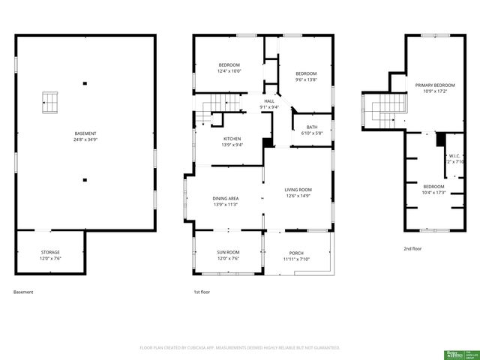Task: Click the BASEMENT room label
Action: coord(85,133)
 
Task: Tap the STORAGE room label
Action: coord(50,252)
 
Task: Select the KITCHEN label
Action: coord(232,139)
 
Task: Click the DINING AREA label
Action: coord(226,198)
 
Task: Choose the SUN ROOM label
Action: coord(229,252)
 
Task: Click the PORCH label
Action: coord(295,253)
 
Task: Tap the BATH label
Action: coord(311,127)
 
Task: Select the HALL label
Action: coord(268,101)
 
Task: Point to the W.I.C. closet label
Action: coord(455,156)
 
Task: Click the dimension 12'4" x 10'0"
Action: coord(229,71)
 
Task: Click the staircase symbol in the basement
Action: coord(49,101)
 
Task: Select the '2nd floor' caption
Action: coord(412,248)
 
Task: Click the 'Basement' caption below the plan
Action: coord(23,292)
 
